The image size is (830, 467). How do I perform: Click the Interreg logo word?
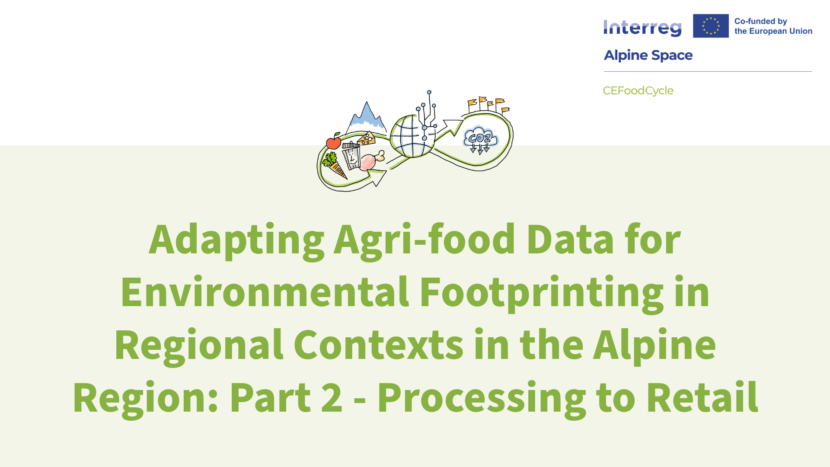click(x=642, y=28)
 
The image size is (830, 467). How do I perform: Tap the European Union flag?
click(x=711, y=26)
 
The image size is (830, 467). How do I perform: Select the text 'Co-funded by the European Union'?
click(x=773, y=26)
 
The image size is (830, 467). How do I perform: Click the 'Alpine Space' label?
click(x=648, y=55)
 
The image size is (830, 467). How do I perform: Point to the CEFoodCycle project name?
click(x=638, y=91)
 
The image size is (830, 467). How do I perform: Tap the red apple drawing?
click(x=333, y=141)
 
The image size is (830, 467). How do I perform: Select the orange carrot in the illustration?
click(x=335, y=166)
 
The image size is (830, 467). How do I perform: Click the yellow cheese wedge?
click(x=367, y=138)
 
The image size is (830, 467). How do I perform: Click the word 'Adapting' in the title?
click(x=236, y=240)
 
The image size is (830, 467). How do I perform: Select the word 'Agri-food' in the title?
click(x=425, y=240)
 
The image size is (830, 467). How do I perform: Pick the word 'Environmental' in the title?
click(x=265, y=293)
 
